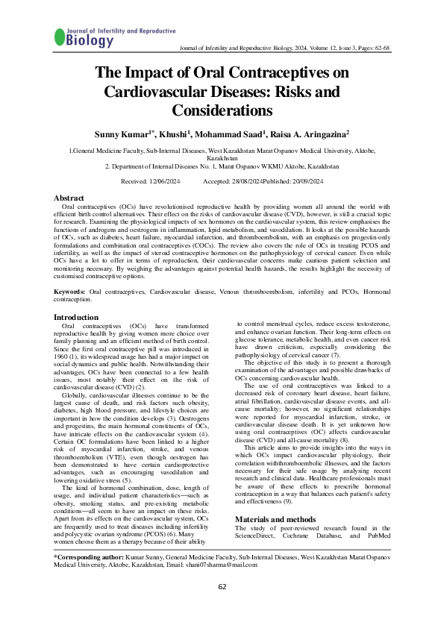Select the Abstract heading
coord(69,198)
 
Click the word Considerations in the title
coord(222,110)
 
